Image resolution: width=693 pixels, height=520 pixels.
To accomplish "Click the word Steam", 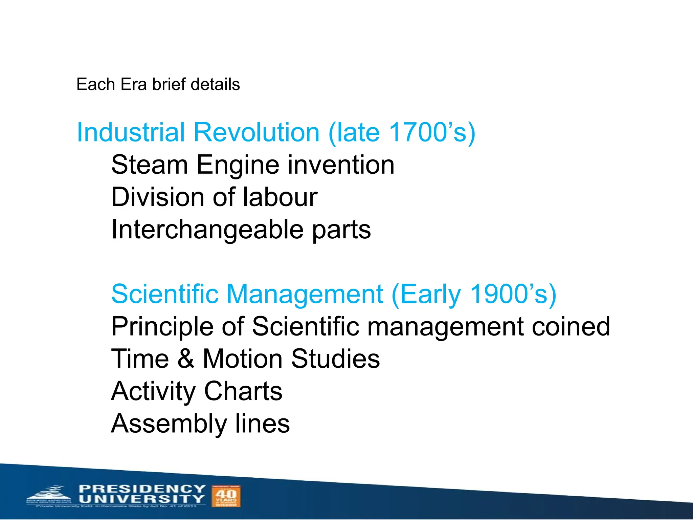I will (149, 165).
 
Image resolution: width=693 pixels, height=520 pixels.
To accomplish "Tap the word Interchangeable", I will (207, 230).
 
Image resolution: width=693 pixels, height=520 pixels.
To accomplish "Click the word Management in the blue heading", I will (305, 294).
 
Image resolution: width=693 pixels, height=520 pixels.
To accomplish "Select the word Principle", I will (162, 326).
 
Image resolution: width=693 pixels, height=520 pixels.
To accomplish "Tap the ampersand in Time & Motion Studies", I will (186, 359).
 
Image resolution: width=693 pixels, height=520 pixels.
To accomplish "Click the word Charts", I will (243, 391).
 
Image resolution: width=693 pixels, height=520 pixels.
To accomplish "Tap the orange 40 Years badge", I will (226, 496).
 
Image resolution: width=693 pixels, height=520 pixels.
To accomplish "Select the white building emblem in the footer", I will (49, 495).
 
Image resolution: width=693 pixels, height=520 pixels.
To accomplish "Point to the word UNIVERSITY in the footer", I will (142, 499).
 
